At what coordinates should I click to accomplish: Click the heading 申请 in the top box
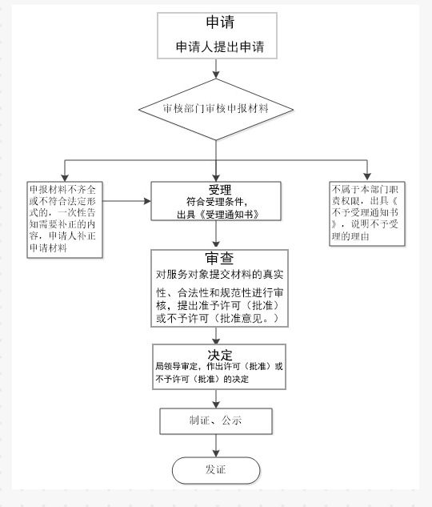[x=215, y=22]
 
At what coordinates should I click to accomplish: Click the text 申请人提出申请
[x=215, y=47]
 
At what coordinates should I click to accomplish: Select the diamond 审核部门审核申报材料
[x=215, y=108]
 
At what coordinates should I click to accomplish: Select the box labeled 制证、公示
[x=216, y=420]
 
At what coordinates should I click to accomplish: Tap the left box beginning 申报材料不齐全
[x=65, y=219]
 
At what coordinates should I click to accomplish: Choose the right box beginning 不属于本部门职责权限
[x=368, y=212]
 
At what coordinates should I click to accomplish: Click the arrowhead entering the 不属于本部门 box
[x=367, y=176]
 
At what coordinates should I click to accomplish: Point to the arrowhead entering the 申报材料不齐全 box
[x=65, y=176]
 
